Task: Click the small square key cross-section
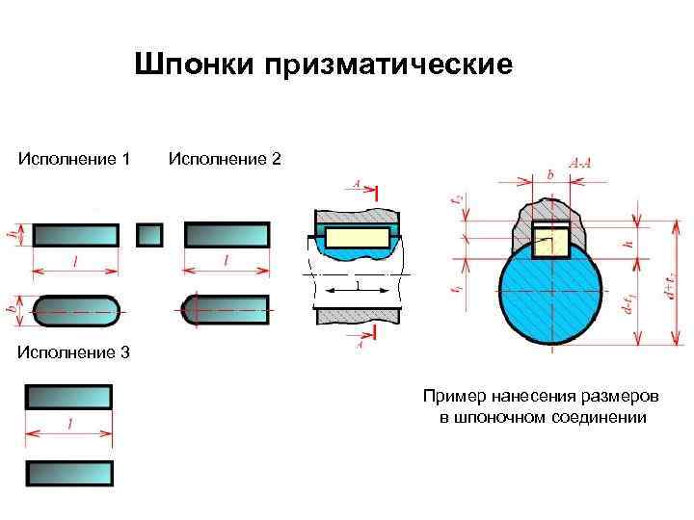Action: click(x=149, y=235)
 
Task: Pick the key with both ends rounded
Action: click(x=77, y=309)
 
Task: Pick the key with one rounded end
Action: click(x=226, y=307)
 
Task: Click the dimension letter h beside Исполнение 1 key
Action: click(x=13, y=234)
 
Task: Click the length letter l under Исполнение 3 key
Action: click(x=69, y=424)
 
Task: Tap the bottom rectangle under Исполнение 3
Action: click(x=69, y=473)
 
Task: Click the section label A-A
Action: click(x=581, y=165)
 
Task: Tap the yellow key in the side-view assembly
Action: click(x=356, y=238)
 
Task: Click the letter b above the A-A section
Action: click(x=549, y=173)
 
